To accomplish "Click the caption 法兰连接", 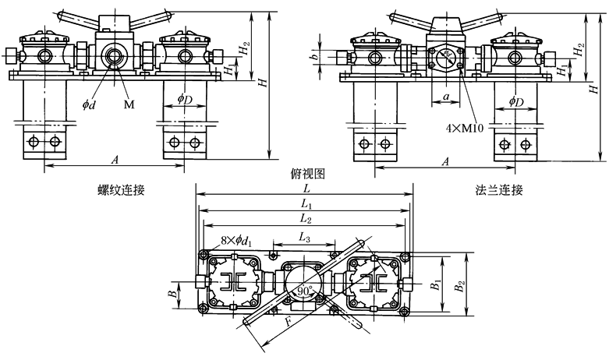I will [497, 189].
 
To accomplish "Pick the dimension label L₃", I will [304, 236].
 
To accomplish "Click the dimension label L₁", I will [305, 205].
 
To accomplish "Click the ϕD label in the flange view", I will [515, 102].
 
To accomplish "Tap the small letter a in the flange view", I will [445, 97].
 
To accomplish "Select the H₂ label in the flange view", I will [578, 49].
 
